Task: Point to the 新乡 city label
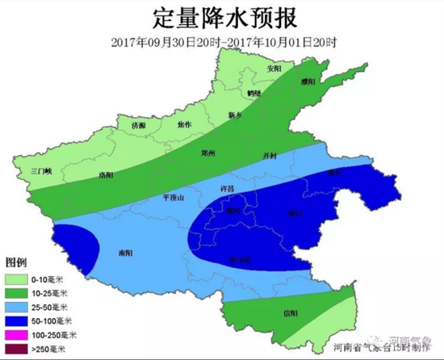(235, 114)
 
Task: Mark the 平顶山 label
(174, 196)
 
